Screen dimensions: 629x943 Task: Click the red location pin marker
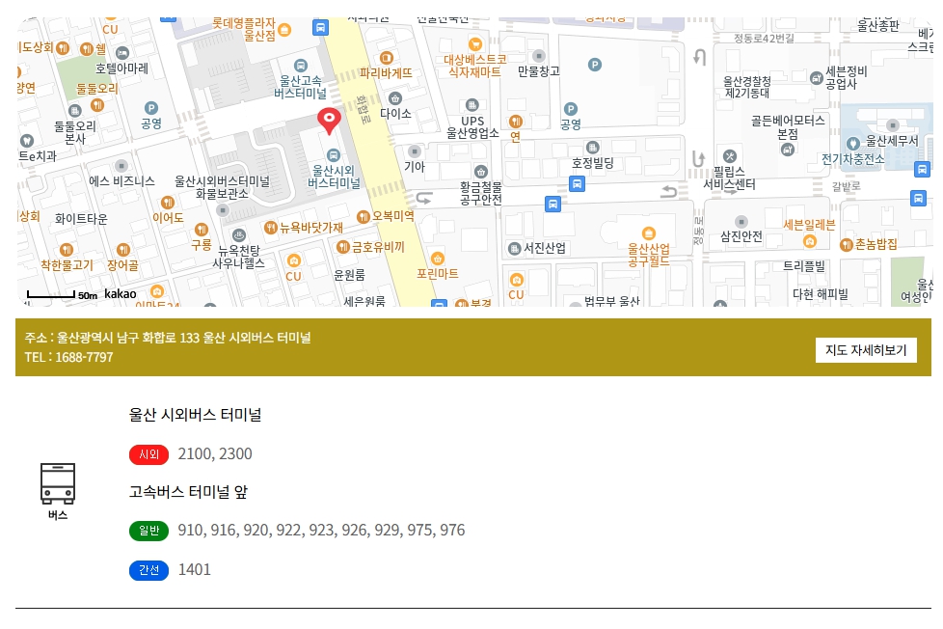[x=330, y=121]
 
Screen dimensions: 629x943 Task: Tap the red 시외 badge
[x=148, y=454]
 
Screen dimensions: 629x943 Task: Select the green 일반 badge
[x=148, y=531]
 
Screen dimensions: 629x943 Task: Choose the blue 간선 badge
[x=148, y=570]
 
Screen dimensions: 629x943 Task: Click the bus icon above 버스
[x=58, y=482]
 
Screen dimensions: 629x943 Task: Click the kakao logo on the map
[x=121, y=293]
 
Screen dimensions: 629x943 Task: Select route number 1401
[x=195, y=569]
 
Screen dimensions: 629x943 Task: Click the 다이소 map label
[x=395, y=113]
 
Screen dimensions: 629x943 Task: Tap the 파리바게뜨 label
[x=386, y=71]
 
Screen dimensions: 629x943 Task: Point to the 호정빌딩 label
[x=592, y=163]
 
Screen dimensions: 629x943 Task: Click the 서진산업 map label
[x=545, y=248]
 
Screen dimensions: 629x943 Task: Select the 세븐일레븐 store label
[x=809, y=225]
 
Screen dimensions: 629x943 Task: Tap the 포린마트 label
[x=438, y=273]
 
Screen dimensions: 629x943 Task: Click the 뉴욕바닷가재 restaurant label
[x=311, y=228]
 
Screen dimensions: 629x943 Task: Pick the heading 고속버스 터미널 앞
[x=189, y=492]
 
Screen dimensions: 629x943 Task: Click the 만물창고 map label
[x=538, y=70]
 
